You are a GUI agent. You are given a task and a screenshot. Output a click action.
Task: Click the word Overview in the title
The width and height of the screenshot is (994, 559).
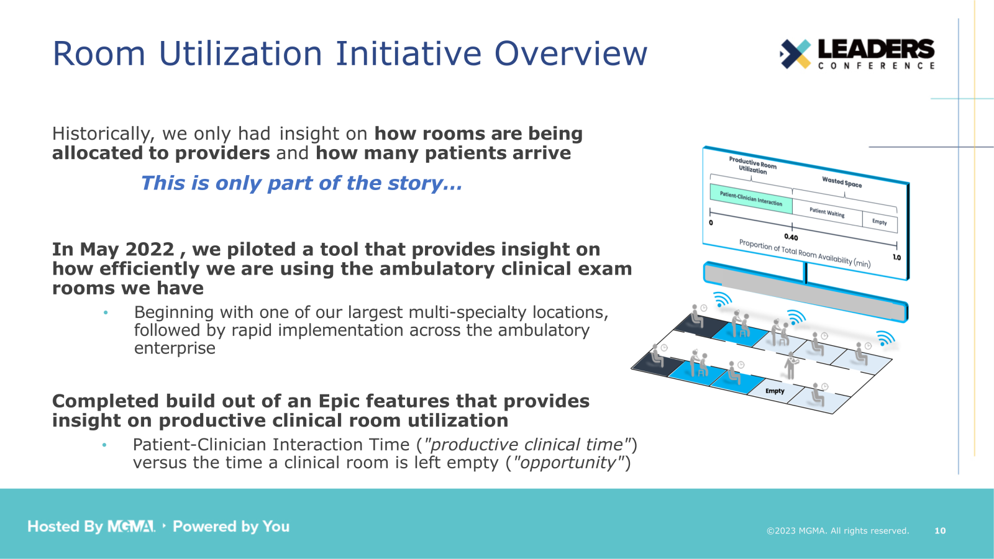pyautogui.click(x=570, y=53)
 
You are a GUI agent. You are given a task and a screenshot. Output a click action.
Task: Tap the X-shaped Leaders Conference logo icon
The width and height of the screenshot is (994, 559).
pyautogui.click(x=796, y=53)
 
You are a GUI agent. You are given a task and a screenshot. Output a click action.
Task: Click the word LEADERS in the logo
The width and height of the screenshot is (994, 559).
pyautogui.click(x=875, y=49)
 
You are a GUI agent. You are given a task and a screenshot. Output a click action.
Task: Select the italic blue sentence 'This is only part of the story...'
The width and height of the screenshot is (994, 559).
pyautogui.click(x=301, y=183)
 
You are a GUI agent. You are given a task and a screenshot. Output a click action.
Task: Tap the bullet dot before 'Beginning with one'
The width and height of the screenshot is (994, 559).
pyautogui.click(x=106, y=312)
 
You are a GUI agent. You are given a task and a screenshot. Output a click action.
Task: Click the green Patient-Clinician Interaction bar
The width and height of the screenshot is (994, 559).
pyautogui.click(x=750, y=199)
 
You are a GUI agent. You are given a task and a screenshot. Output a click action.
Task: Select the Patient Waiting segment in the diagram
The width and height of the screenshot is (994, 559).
pyautogui.click(x=827, y=212)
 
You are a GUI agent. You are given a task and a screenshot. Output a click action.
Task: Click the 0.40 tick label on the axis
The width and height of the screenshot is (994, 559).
pyautogui.click(x=791, y=237)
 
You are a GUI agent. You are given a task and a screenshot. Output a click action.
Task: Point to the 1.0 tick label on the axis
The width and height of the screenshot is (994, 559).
pyautogui.click(x=896, y=257)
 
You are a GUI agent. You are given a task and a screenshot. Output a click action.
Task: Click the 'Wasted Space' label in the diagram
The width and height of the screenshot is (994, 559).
pyautogui.click(x=842, y=182)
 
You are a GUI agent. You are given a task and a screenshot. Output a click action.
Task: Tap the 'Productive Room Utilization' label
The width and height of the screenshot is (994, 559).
pyautogui.click(x=752, y=166)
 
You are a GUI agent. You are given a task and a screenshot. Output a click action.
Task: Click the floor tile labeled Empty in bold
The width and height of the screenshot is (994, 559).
pyautogui.click(x=775, y=391)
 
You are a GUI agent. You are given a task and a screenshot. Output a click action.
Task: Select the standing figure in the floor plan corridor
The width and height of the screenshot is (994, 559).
pyautogui.click(x=790, y=365)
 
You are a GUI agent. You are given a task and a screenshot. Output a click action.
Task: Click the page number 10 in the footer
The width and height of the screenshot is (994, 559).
pyautogui.click(x=940, y=530)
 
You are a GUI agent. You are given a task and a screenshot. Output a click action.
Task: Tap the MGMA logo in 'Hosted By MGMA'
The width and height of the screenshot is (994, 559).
pyautogui.click(x=131, y=527)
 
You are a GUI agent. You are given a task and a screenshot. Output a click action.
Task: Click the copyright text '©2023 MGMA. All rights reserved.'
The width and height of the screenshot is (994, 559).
pyautogui.click(x=837, y=530)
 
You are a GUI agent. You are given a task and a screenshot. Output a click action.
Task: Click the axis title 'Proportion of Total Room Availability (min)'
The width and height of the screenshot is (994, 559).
pyautogui.click(x=805, y=253)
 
